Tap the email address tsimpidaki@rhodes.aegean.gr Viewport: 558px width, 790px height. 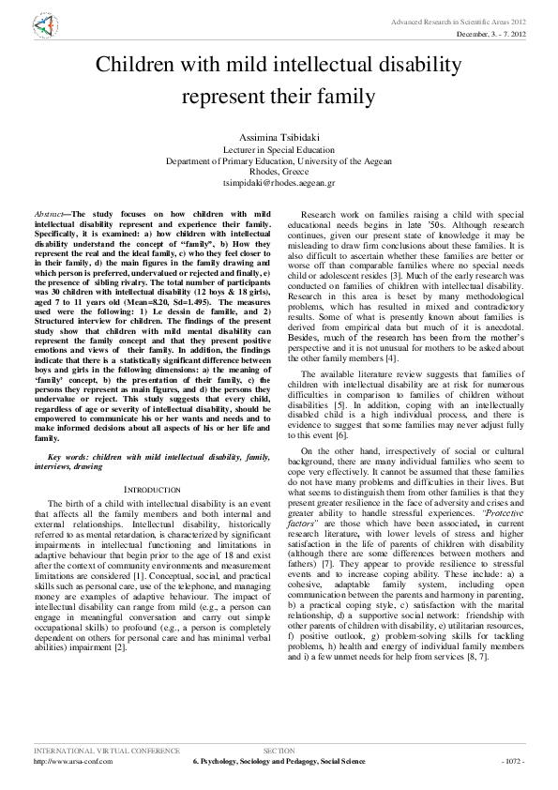pos(279,183)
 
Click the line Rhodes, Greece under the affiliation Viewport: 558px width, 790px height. pos(279,172)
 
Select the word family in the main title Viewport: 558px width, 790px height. pos(346,96)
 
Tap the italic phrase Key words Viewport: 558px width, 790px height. pos(70,455)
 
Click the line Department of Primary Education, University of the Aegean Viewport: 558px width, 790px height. pos(279,160)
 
